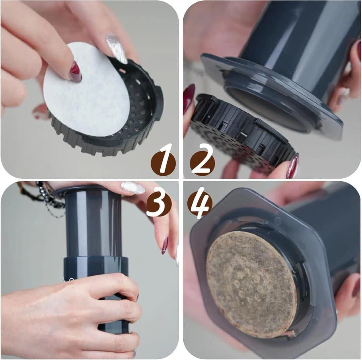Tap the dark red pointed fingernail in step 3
click(x=165, y=246)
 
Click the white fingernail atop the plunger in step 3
click(x=132, y=188)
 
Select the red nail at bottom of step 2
click(x=293, y=166)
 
